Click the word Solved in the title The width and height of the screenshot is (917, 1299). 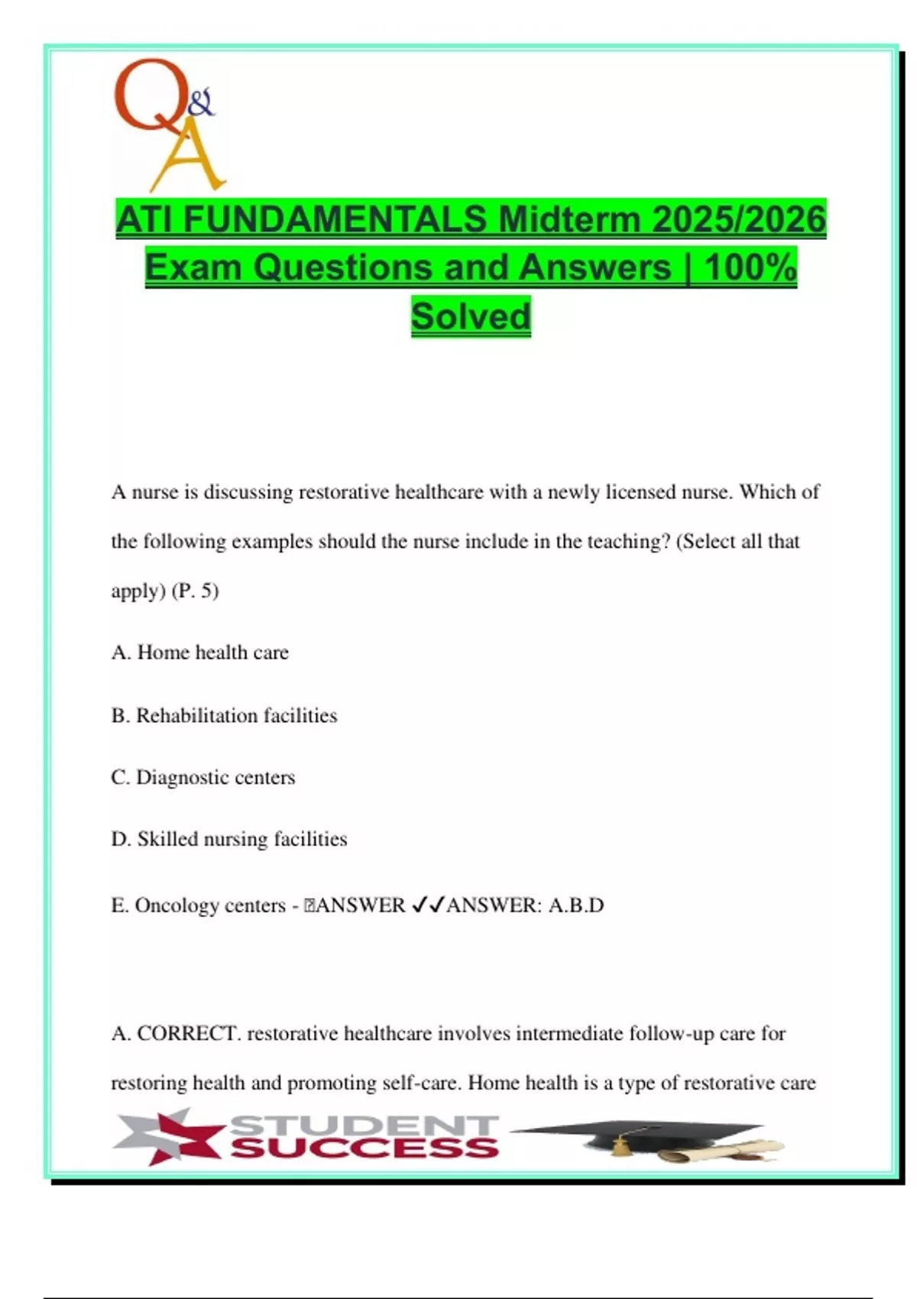coord(471,316)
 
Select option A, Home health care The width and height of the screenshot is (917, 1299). coord(200,653)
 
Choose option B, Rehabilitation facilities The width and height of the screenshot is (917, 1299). coord(224,716)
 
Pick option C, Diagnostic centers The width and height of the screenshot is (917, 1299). coord(203,778)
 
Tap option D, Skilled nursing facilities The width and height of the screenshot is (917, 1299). coord(229,839)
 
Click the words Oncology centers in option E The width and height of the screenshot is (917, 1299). coord(210,905)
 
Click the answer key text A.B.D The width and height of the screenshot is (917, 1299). coord(576,905)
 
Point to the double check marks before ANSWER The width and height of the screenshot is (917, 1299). coord(428,905)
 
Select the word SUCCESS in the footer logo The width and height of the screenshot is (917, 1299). coord(365,1148)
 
